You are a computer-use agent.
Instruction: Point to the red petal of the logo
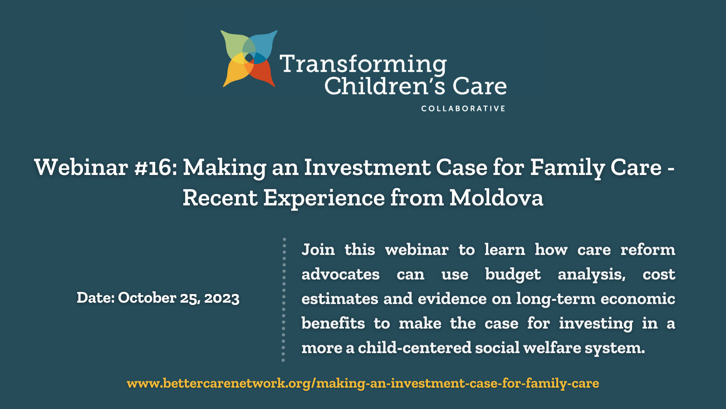point(263,73)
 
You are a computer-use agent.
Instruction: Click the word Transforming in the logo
point(363,64)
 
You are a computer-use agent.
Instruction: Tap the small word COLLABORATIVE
point(463,109)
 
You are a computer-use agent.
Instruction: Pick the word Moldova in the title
point(496,198)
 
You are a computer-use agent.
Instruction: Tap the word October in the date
point(147,298)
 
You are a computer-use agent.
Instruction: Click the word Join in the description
point(318,249)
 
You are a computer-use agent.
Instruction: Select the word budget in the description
point(513,274)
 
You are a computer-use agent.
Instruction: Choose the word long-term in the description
point(556,299)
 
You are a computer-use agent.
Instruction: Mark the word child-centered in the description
point(415,348)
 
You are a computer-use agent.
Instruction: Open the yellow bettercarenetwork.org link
point(363,383)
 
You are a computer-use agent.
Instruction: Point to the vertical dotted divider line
point(284,300)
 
